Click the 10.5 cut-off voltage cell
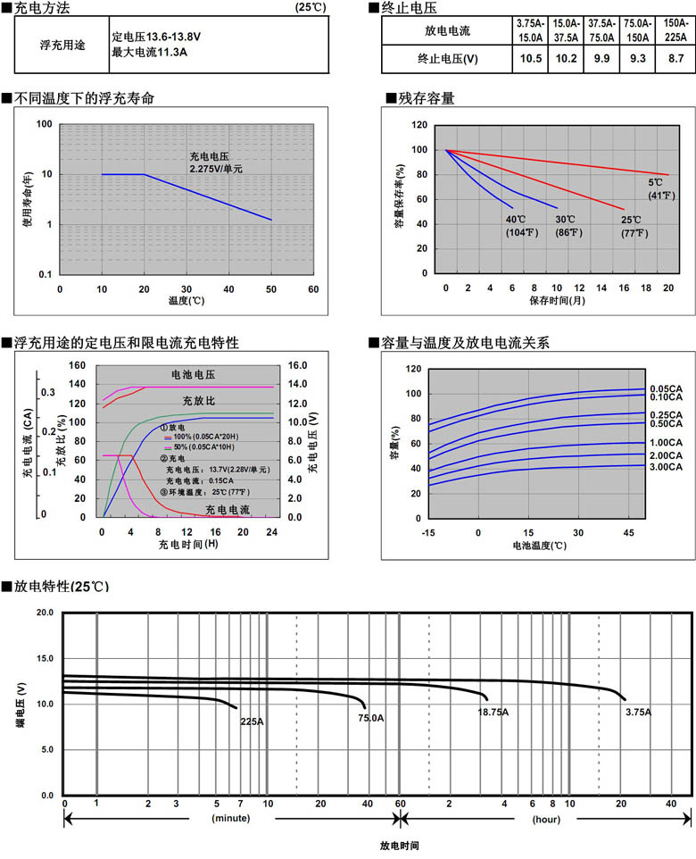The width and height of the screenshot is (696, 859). (x=531, y=59)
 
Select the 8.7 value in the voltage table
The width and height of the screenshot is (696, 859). (x=675, y=59)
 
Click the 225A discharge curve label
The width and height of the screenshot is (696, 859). (x=252, y=721)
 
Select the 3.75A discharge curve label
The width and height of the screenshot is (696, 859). (x=637, y=712)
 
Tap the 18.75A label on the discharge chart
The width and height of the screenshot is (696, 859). (x=493, y=712)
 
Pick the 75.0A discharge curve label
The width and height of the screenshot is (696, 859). (x=371, y=717)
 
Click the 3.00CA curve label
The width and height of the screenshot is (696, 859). (x=667, y=467)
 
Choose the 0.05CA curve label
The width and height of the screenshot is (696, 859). (x=667, y=388)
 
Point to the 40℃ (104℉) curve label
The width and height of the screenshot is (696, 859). (x=521, y=226)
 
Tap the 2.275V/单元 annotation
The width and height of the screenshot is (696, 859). (x=216, y=168)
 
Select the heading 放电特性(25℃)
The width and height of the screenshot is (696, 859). (x=61, y=586)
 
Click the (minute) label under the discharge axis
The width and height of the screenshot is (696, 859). (x=230, y=818)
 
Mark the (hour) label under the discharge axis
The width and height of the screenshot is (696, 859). (x=546, y=818)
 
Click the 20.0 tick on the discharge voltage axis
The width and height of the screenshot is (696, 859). (x=45, y=613)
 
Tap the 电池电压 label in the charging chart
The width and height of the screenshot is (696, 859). (x=193, y=375)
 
